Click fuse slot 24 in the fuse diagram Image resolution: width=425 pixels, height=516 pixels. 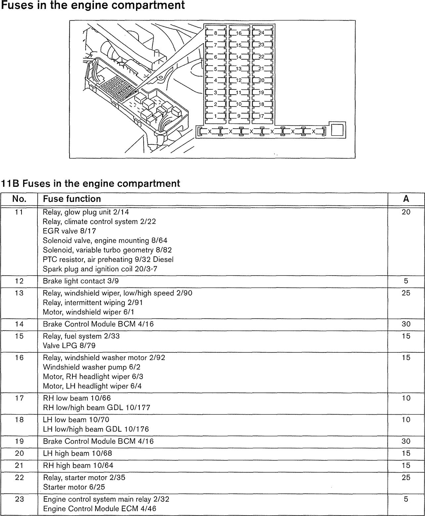262,32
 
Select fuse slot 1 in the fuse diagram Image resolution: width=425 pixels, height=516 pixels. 215,116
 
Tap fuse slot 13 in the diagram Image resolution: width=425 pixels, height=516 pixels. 239,69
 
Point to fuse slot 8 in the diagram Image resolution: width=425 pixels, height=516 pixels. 215,32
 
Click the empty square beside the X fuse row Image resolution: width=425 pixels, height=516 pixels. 337,130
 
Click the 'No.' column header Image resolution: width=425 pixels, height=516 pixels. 19,199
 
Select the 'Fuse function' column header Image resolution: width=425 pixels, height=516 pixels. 72,199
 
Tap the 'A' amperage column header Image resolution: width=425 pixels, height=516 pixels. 406,199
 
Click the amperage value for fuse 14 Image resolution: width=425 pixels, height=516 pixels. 406,324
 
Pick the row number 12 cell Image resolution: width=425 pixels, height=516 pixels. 19,281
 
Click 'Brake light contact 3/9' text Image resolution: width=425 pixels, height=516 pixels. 81,281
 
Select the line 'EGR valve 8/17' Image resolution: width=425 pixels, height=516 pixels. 69,231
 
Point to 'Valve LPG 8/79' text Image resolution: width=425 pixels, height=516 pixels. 69,345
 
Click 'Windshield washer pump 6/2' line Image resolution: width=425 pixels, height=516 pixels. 92,367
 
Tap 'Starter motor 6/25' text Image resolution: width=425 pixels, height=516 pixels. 74,487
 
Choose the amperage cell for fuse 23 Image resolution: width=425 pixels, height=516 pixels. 406,499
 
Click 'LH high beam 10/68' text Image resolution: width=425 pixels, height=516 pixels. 77,453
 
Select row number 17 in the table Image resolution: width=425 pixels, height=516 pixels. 19,398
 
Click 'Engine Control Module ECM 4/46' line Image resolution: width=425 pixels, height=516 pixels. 100,509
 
